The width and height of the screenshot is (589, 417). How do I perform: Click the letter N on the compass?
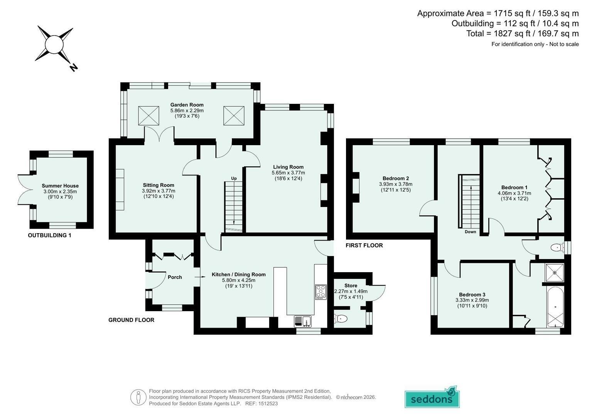click(x=74, y=68)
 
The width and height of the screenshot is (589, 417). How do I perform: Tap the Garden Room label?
click(x=187, y=105)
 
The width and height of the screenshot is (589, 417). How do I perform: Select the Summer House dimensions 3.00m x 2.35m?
click(x=60, y=192)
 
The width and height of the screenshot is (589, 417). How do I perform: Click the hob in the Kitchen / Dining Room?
click(x=321, y=292)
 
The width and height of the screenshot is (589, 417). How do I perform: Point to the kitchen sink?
click(x=302, y=321)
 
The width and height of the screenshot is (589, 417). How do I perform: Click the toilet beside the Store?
click(x=341, y=319)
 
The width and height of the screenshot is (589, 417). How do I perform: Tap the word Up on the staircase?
click(x=234, y=178)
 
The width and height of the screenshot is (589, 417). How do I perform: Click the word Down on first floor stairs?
click(x=470, y=232)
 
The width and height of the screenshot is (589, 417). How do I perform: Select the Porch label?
click(x=175, y=277)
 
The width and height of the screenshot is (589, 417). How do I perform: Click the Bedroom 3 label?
click(x=472, y=295)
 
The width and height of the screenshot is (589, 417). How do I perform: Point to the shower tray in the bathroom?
click(x=555, y=273)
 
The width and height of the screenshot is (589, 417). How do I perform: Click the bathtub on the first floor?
click(x=555, y=307)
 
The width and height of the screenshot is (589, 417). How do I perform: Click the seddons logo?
click(x=432, y=398)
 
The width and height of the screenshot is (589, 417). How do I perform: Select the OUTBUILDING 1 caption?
click(x=49, y=236)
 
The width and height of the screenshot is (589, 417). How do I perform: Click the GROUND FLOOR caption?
click(x=131, y=320)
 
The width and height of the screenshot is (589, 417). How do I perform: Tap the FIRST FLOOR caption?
click(x=364, y=245)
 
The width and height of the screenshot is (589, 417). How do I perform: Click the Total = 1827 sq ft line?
click(x=522, y=34)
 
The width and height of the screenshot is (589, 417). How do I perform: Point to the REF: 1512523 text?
click(x=262, y=403)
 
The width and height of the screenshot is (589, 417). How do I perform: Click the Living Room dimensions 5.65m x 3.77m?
click(x=288, y=173)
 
